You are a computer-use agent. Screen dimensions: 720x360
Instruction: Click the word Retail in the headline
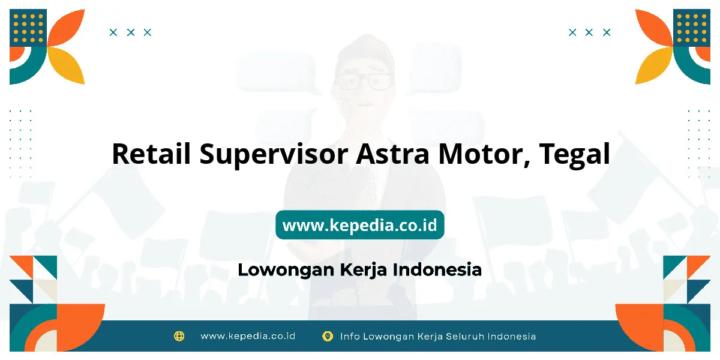[151, 154]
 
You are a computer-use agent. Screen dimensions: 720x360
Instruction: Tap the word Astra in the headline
[392, 154]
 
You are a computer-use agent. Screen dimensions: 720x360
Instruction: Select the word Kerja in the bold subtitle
[363, 270]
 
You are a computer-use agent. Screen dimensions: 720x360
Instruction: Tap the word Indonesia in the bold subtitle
[437, 269]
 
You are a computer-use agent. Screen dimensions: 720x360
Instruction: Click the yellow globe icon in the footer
[179, 336]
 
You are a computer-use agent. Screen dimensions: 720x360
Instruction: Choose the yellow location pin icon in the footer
[328, 336]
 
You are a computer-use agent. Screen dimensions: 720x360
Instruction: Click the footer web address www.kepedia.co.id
[248, 336]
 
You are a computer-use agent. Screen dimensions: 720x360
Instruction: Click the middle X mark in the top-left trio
[131, 32]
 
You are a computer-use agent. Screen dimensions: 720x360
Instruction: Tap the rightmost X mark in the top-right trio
[607, 32]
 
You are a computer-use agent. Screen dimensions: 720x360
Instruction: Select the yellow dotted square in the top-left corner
[28, 28]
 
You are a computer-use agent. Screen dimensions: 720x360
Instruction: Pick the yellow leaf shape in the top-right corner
[653, 66]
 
